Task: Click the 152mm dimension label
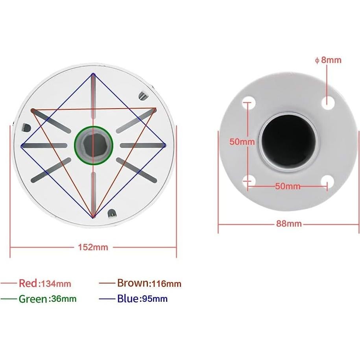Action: click(x=93, y=247)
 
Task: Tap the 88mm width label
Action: click(x=288, y=224)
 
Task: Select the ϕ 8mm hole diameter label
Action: click(x=328, y=60)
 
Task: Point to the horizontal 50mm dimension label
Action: click(x=288, y=186)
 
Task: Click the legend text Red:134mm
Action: click(x=45, y=283)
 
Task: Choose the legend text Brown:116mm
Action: click(x=149, y=283)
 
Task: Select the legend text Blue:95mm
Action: click(x=142, y=299)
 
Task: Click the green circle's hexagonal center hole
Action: click(x=94, y=145)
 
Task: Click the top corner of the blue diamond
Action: click(x=93, y=74)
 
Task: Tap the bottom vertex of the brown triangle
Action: click(x=93, y=217)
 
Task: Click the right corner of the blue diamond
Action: click(x=165, y=145)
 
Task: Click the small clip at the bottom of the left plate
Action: click(x=112, y=213)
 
